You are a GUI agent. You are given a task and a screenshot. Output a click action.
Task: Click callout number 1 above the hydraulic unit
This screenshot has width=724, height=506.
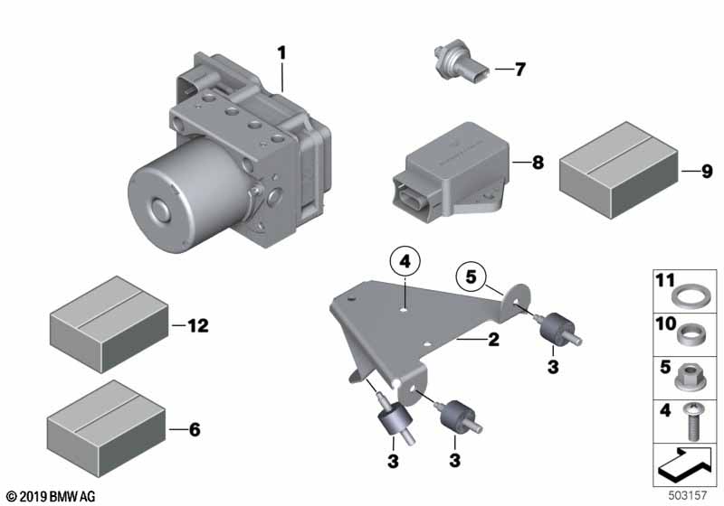pos(281,53)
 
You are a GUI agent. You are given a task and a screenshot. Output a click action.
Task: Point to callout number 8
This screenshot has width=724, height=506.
pos(538,164)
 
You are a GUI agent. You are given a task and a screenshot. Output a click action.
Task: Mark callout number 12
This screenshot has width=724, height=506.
pos(196,325)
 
